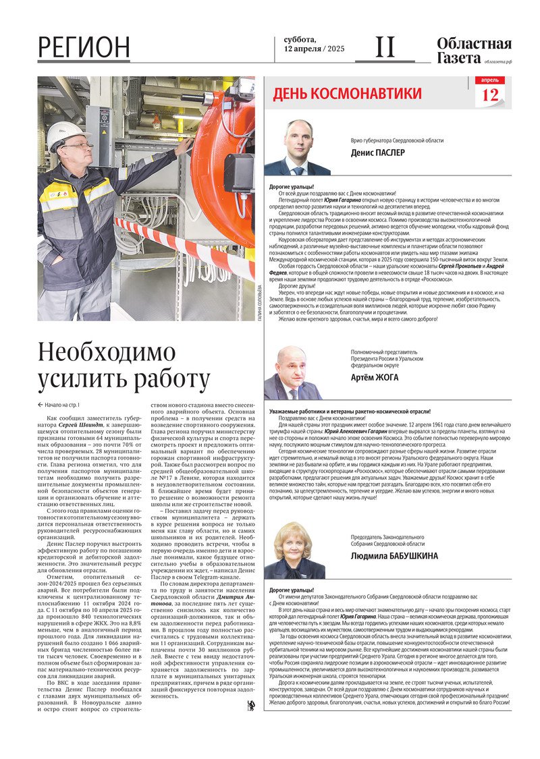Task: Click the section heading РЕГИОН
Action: tap(84, 47)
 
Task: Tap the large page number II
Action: tap(385, 47)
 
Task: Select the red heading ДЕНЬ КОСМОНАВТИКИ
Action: tap(347, 94)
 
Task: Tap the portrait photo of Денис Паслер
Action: tap(298, 148)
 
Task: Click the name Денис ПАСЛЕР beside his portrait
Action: tap(378, 152)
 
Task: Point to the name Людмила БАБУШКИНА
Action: tap(394, 556)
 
